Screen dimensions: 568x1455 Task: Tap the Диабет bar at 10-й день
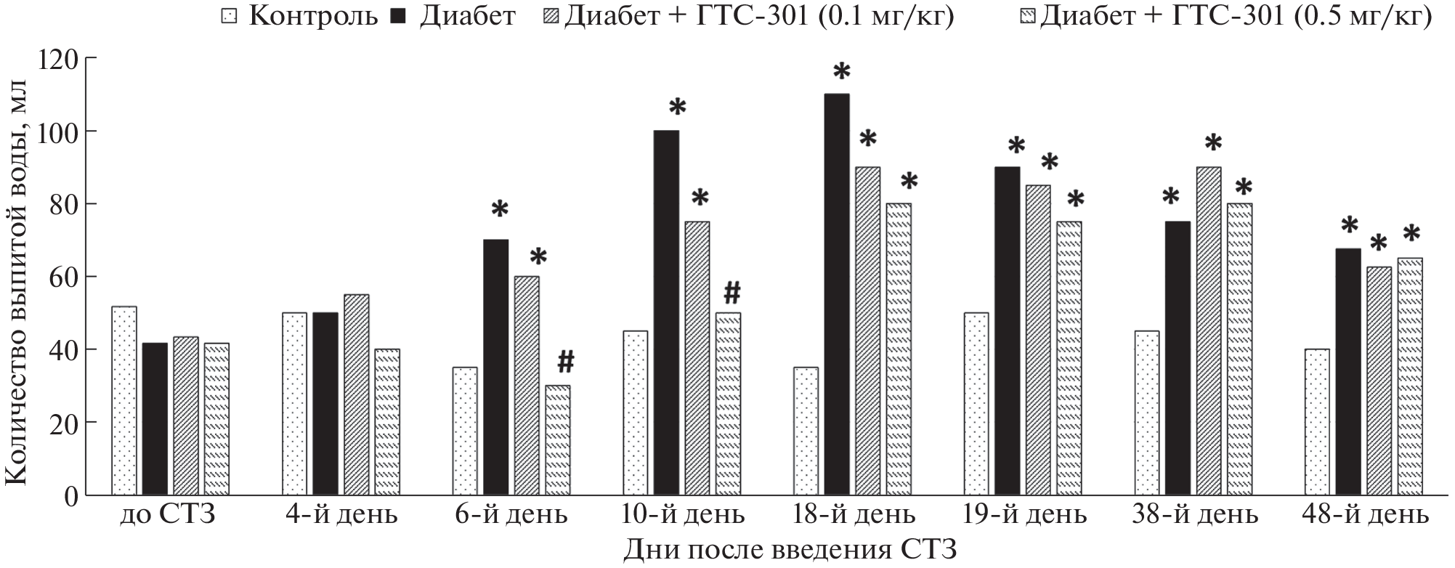coord(666,312)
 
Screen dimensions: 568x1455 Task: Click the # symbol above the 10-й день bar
coord(731,293)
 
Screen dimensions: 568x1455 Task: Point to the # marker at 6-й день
coord(566,360)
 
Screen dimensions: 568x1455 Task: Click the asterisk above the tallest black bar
coord(841,73)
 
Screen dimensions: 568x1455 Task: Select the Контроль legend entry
coord(313,16)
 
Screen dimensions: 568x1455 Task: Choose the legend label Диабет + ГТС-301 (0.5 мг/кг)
coord(1235,16)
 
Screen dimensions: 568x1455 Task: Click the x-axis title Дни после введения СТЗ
coord(790,550)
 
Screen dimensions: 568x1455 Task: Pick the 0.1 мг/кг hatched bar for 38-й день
coord(1209,330)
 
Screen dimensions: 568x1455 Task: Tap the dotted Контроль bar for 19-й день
coord(977,404)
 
